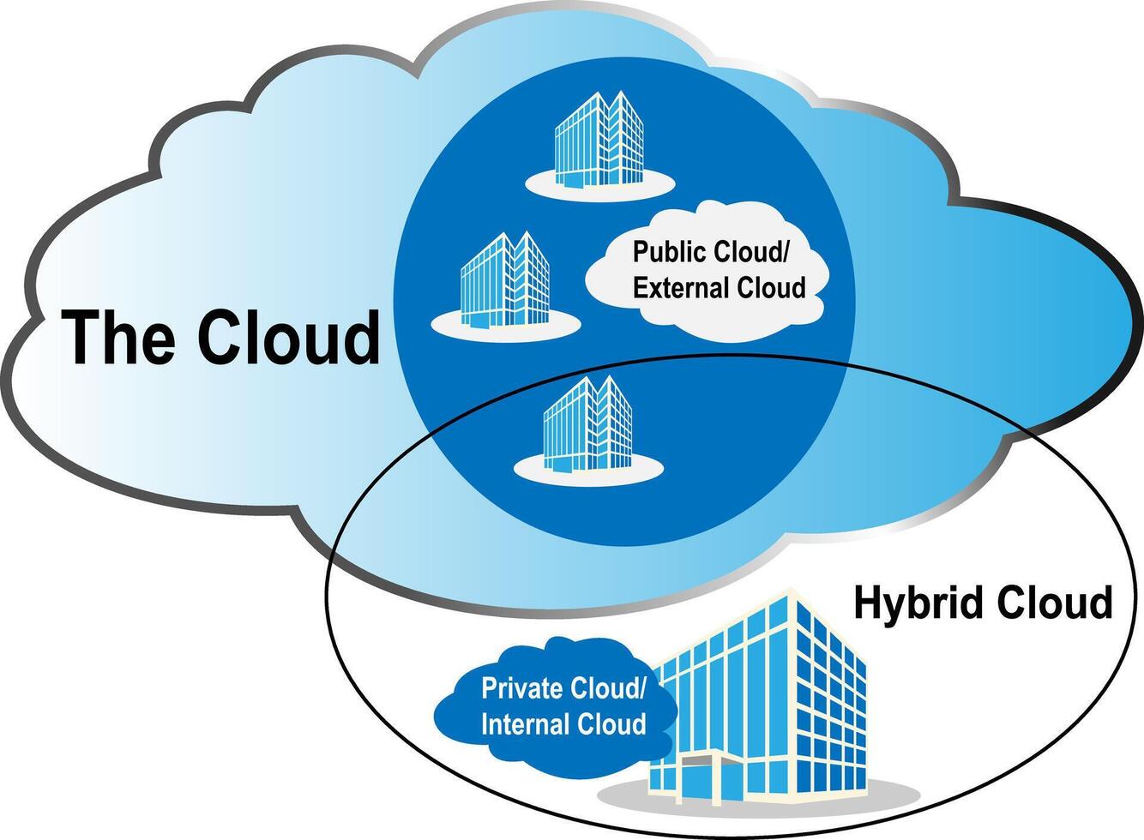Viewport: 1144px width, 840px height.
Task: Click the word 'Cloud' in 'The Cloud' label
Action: (288, 338)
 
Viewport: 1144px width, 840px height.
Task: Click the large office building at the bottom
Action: (772, 703)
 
